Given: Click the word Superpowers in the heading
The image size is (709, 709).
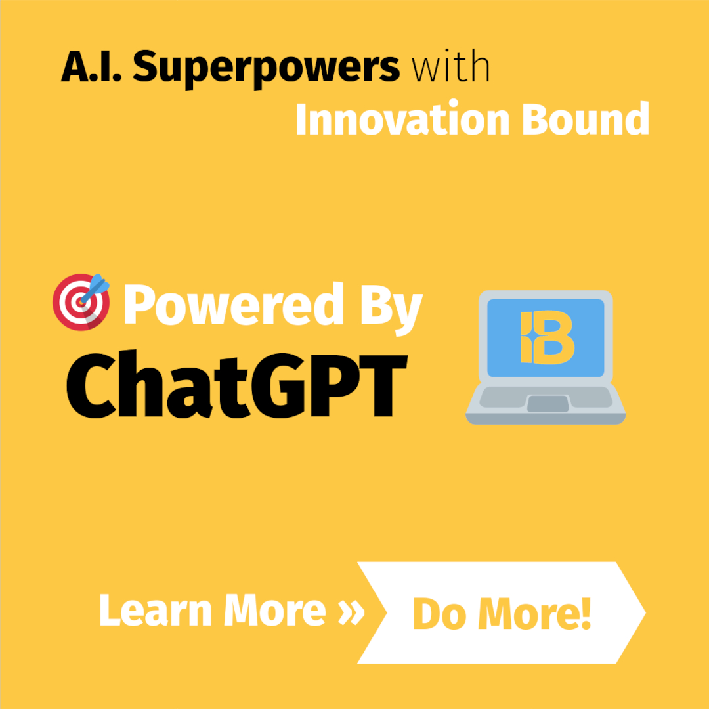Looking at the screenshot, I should [266, 68].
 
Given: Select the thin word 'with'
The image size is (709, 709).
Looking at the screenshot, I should [450, 68].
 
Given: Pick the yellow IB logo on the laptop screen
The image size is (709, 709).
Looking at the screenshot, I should [546, 337].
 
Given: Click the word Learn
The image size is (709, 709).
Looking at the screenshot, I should [156, 611].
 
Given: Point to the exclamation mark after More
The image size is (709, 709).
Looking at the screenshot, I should [585, 612].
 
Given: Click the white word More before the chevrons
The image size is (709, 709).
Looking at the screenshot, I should [275, 611].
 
